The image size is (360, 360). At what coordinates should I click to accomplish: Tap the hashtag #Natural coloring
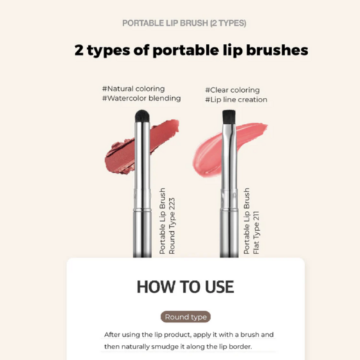[133, 89]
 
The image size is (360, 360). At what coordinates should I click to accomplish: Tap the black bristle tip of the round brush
[142, 114]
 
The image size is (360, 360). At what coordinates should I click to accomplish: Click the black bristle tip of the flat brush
[230, 115]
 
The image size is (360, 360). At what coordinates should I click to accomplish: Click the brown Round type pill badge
[186, 317]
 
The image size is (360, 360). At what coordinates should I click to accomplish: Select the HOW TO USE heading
[185, 286]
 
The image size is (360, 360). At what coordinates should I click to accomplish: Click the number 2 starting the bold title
[78, 50]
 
